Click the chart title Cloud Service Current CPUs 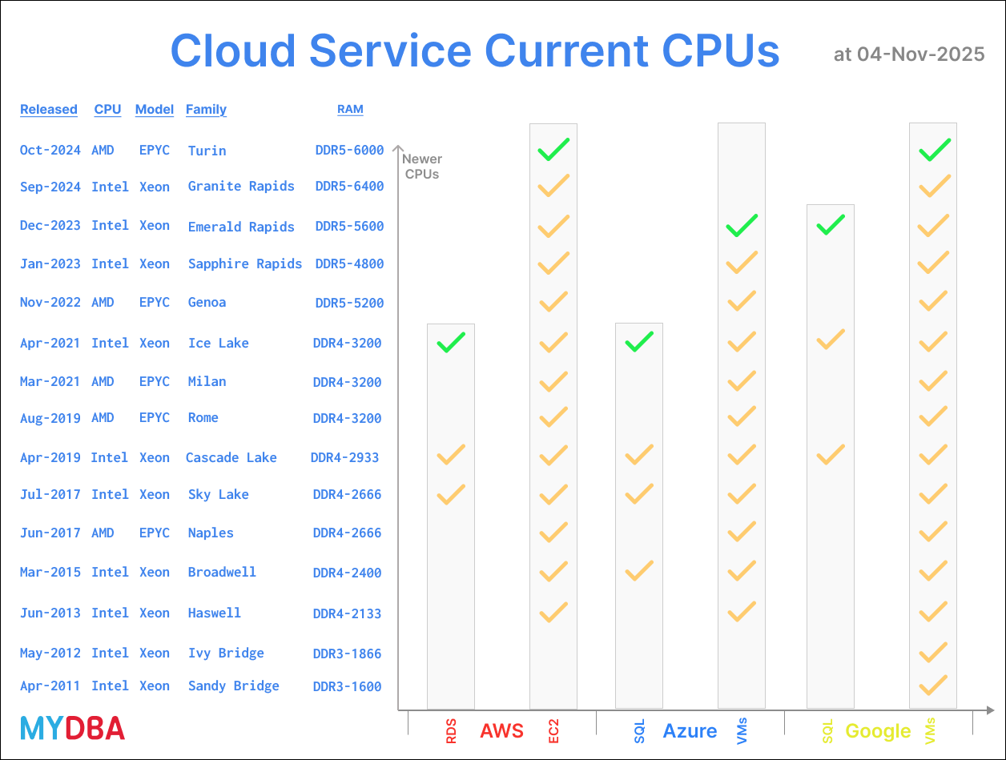point(474,51)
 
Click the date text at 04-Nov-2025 point(908,54)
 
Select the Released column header point(49,110)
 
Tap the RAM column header point(350,110)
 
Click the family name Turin point(207,151)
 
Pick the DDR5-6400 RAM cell point(349,187)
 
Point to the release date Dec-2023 point(50,226)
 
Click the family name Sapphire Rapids point(244,264)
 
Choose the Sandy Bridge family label point(233,686)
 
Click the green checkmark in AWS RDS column point(451,343)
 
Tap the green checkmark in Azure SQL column point(639,342)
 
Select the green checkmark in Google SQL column point(831,225)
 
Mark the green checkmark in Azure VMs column point(742,226)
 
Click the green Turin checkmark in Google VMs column point(934,150)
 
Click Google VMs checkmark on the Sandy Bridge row point(933,686)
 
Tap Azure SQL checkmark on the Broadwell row point(639,571)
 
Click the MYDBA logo point(72,728)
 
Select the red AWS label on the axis point(501,731)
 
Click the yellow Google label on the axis point(878,731)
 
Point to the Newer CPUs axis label point(421,167)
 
